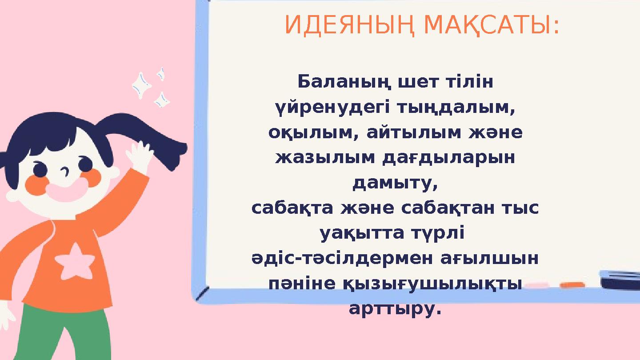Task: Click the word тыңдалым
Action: (x=456, y=107)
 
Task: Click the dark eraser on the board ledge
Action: (x=620, y=280)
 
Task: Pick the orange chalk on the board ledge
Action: (x=572, y=285)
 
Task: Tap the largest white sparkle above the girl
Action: (x=141, y=85)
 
